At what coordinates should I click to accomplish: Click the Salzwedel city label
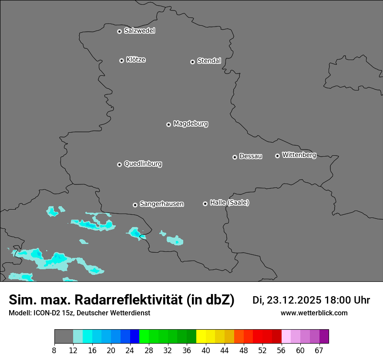tap(139, 31)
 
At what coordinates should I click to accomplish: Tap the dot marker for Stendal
tap(192, 62)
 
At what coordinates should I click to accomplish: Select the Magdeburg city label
tap(191, 124)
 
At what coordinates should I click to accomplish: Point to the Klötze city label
tap(136, 60)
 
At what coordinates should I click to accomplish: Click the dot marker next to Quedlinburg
tap(119, 164)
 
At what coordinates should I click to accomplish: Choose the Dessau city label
tap(251, 157)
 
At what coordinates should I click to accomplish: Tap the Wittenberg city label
tap(299, 155)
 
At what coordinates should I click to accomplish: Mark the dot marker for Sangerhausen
tap(135, 205)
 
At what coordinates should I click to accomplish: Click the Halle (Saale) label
tap(229, 203)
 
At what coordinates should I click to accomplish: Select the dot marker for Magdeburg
tap(168, 124)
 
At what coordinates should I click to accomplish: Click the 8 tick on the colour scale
tap(54, 350)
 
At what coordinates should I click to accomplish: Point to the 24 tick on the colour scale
tap(130, 350)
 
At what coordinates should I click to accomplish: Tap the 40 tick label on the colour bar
tap(206, 350)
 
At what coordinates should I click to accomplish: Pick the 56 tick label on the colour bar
tap(282, 350)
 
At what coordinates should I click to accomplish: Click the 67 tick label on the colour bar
tap(319, 350)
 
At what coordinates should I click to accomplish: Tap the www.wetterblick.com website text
tap(314, 313)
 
